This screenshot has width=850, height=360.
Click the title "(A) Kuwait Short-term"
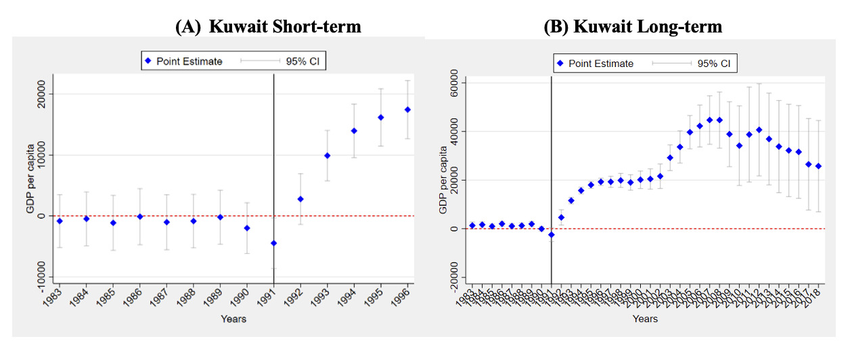267,26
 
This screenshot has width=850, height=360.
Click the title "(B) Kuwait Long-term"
633,26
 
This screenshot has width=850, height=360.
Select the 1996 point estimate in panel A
407,110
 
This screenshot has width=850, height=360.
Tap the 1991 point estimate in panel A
273,243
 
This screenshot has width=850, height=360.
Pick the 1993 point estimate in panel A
327,156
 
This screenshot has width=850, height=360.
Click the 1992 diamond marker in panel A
300,199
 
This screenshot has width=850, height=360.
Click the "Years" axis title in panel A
233,319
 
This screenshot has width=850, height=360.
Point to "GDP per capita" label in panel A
30,179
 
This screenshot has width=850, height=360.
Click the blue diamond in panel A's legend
147,61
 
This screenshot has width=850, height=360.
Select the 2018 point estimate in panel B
818,166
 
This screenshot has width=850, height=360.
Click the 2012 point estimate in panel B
759,130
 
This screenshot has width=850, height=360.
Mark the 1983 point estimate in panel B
472,225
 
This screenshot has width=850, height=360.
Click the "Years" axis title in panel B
645,318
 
